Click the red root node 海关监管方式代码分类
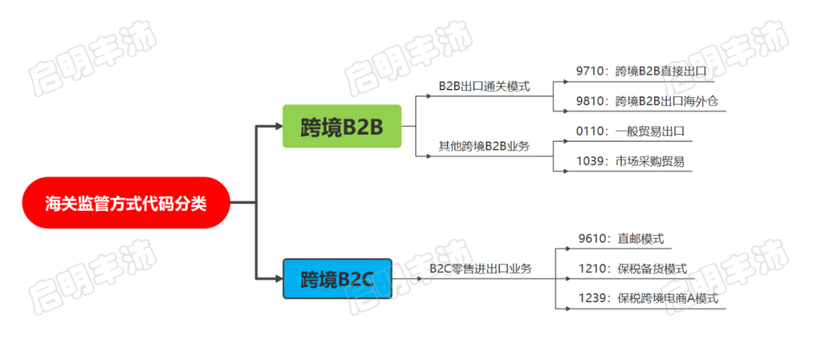pyautogui.click(x=125, y=203)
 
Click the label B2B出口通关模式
pyautogui.click(x=484, y=86)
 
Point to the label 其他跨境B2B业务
pyautogui.click(x=484, y=145)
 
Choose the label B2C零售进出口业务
pyautogui.click(x=481, y=268)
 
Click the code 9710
pyautogui.click(x=591, y=72)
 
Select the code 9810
pyautogui.click(x=591, y=101)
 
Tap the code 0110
pyautogui.click(x=591, y=131)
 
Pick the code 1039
pyautogui.click(x=591, y=160)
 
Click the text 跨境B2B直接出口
pyautogui.click(x=661, y=72)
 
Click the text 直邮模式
pyautogui.click(x=641, y=239)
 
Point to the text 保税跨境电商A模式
pyautogui.click(x=668, y=298)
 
